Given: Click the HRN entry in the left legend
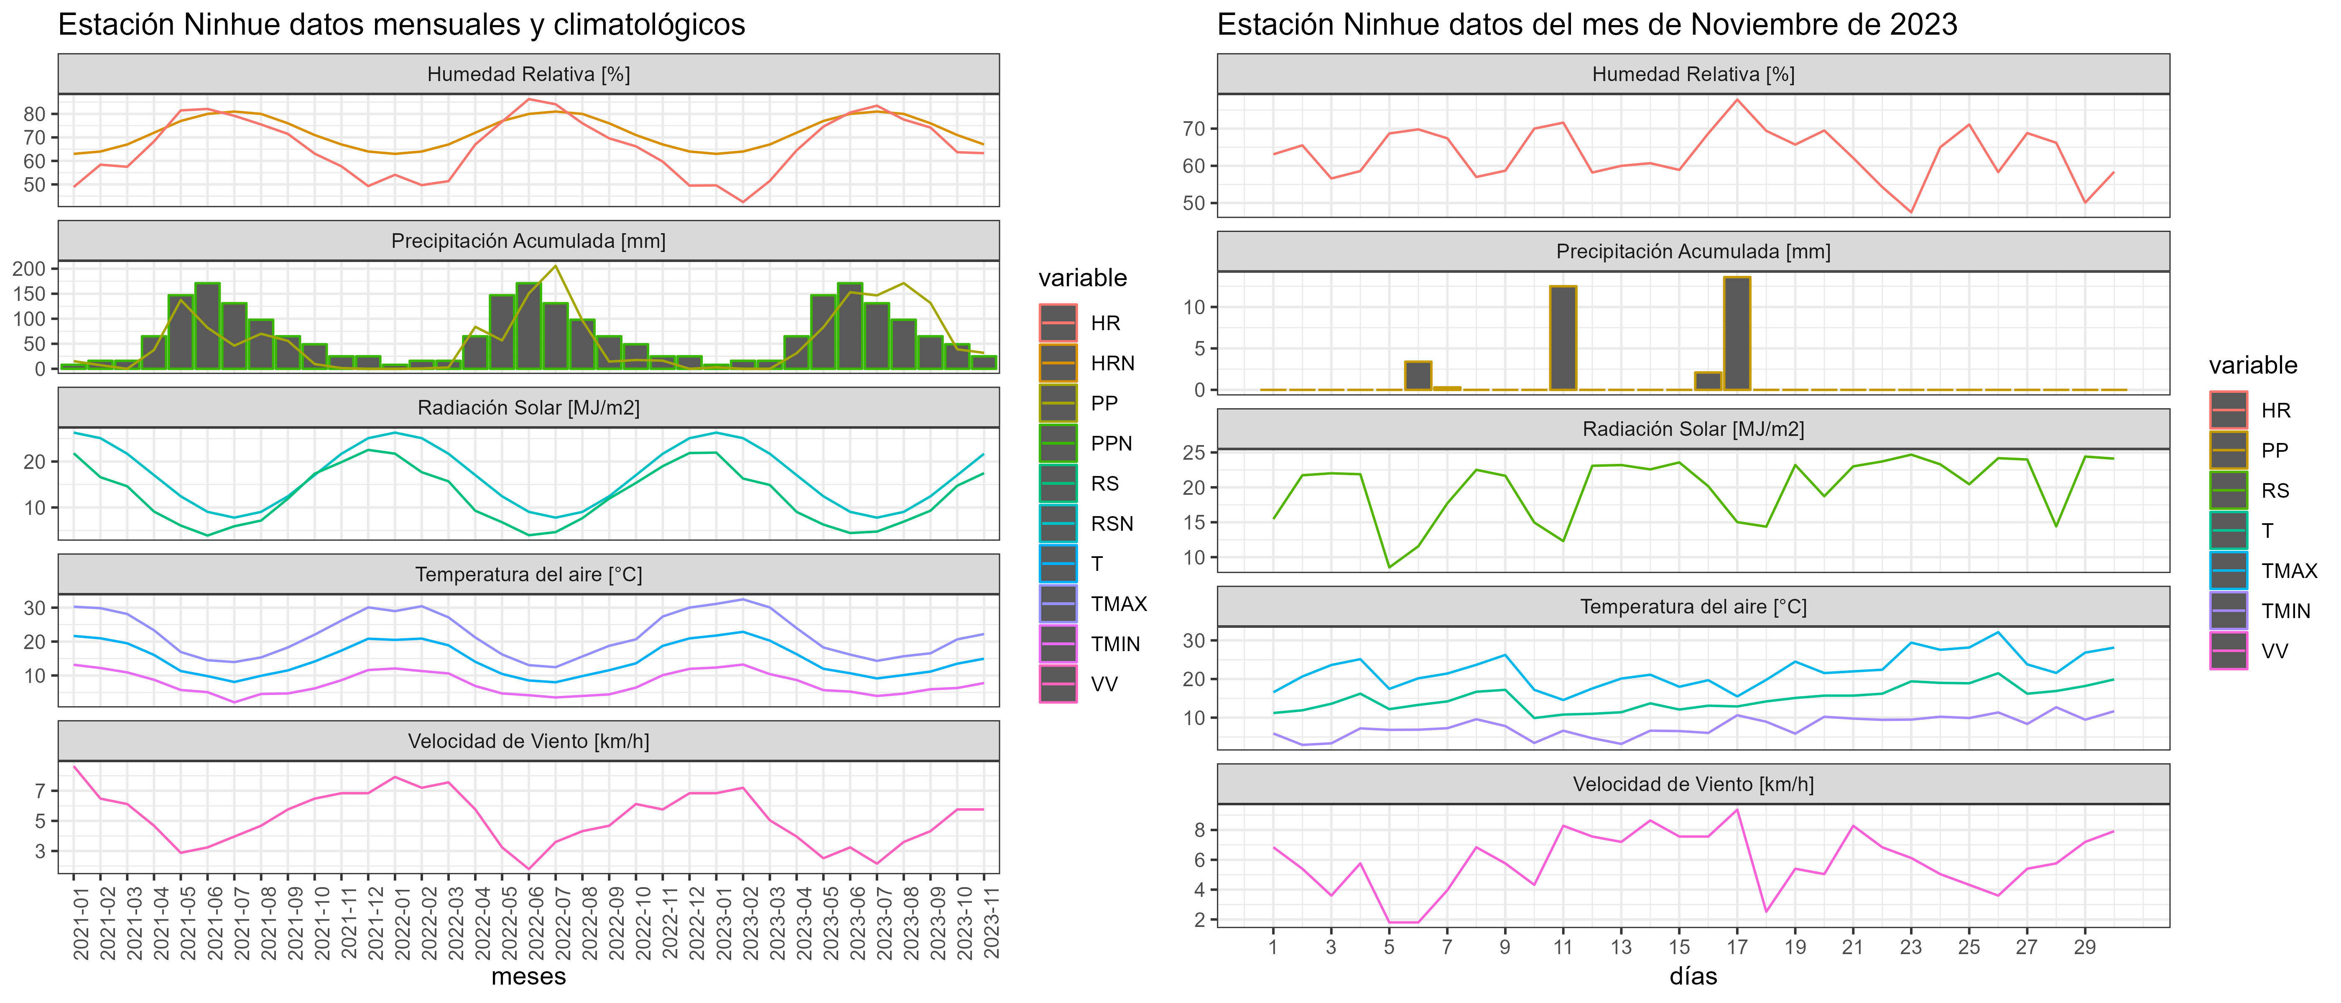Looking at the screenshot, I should [1112, 364].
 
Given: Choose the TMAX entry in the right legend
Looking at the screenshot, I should [2288, 570].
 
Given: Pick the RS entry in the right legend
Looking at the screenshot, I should [2275, 491].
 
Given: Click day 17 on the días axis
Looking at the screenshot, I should [1737, 947].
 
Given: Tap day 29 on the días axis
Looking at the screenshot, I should [2085, 947].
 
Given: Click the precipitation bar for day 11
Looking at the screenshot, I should [1563, 338].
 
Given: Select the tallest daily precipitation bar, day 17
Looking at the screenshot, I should [1737, 333].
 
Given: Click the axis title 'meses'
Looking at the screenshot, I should [528, 977].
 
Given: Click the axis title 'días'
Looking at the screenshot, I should [1693, 977].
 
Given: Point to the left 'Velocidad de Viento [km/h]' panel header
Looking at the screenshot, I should [528, 741].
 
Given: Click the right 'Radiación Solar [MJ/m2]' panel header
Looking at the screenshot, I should [1693, 429].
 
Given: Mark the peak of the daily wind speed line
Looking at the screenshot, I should [1737, 810].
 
